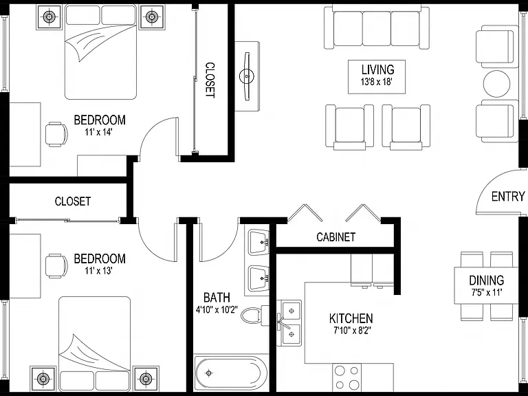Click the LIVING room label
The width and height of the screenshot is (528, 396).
click(x=377, y=69)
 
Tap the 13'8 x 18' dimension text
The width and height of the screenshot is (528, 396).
click(x=377, y=82)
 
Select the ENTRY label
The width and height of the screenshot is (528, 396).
click(x=508, y=197)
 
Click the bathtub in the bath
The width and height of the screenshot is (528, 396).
click(x=231, y=373)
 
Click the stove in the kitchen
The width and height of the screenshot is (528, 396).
click(x=346, y=378)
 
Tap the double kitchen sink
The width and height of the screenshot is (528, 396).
click(x=289, y=323)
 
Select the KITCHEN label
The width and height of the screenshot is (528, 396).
click(x=351, y=318)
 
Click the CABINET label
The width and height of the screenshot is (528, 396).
click(x=335, y=237)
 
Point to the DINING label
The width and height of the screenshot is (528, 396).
click(x=487, y=280)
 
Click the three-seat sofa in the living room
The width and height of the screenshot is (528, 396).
click(x=377, y=27)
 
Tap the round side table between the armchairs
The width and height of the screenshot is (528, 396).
click(x=496, y=84)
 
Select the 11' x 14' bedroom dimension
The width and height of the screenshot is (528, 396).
click(x=98, y=132)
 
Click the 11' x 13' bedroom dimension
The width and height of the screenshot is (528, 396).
click(x=98, y=270)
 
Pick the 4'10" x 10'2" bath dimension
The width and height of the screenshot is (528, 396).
click(x=217, y=309)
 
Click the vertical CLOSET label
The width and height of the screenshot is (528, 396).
click(x=210, y=80)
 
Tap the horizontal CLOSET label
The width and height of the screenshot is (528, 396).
click(x=72, y=201)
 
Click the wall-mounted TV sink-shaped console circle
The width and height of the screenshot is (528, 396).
click(x=247, y=76)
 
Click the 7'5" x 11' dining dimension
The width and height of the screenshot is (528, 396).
click(x=486, y=292)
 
